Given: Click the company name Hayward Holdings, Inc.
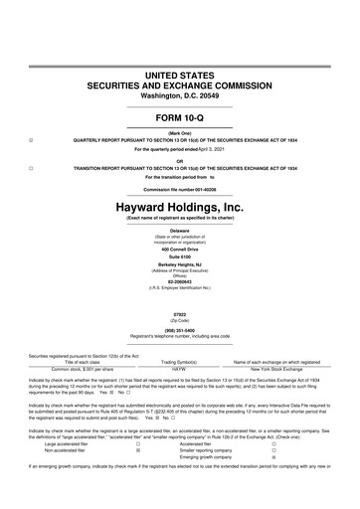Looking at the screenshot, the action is (180, 207).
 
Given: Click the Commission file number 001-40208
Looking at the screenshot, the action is (180, 189).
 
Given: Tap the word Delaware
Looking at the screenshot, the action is (180, 230).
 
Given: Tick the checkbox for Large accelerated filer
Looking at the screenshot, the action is (137, 443).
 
